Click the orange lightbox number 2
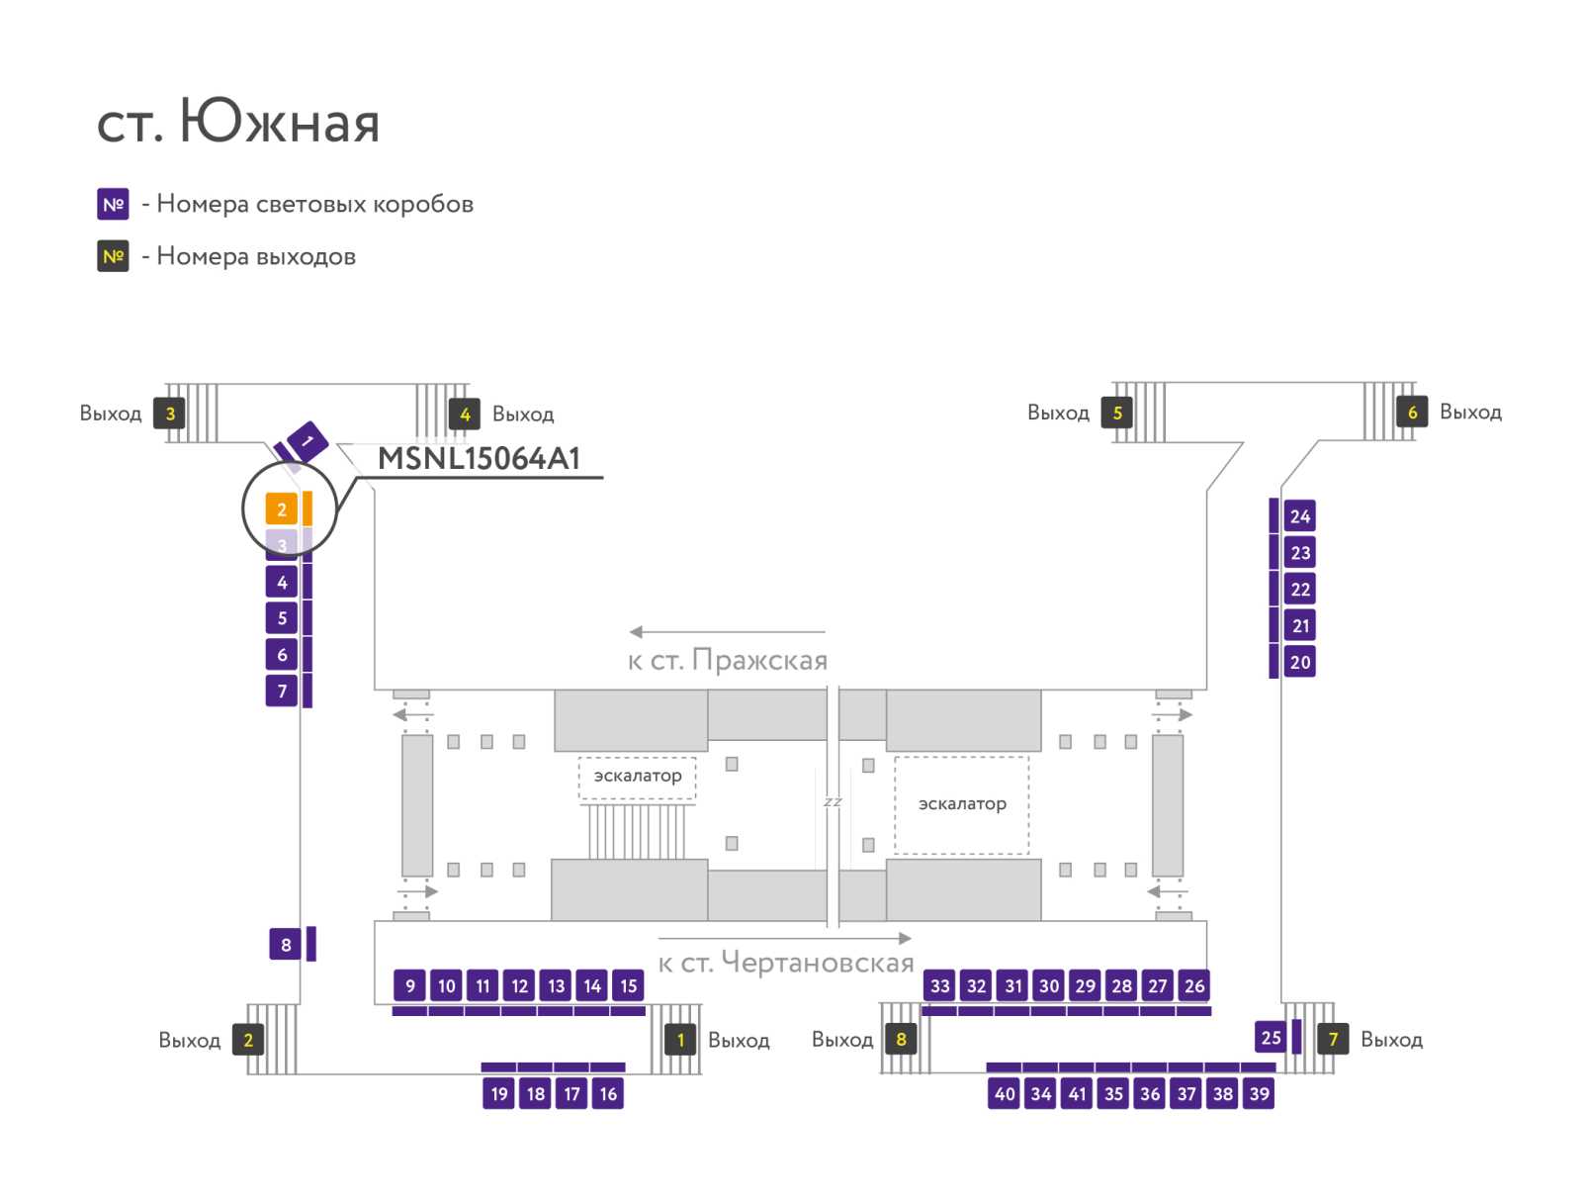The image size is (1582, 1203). (281, 509)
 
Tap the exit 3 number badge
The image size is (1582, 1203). (169, 413)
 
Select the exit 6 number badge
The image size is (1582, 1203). (1412, 412)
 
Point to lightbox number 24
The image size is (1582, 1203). (1299, 516)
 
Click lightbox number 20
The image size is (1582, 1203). (1299, 662)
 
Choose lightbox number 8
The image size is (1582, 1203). (286, 944)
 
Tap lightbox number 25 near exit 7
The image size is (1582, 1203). (1271, 1037)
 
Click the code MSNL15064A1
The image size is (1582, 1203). (479, 458)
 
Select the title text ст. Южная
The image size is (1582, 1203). (238, 121)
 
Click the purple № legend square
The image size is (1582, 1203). (113, 204)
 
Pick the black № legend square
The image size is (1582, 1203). (113, 256)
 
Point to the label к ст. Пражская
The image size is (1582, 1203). (727, 660)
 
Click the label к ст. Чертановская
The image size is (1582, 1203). (786, 962)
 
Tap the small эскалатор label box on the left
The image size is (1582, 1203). (637, 777)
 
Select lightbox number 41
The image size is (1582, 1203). (1077, 1093)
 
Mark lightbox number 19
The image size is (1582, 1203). (498, 1093)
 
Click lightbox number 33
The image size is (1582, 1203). (940, 985)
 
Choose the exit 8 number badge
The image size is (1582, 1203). (900, 1039)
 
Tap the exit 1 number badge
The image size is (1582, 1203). (679, 1040)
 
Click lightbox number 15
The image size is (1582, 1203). (629, 985)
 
